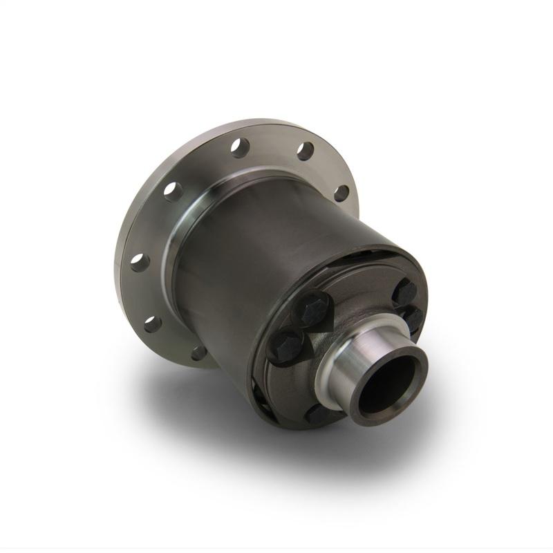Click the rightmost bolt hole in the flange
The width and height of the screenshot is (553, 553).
pyautogui.click(x=341, y=192)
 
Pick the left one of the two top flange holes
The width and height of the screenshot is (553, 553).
pyautogui.click(x=240, y=147)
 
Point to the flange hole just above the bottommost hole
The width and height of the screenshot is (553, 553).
pyautogui.click(x=153, y=322)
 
